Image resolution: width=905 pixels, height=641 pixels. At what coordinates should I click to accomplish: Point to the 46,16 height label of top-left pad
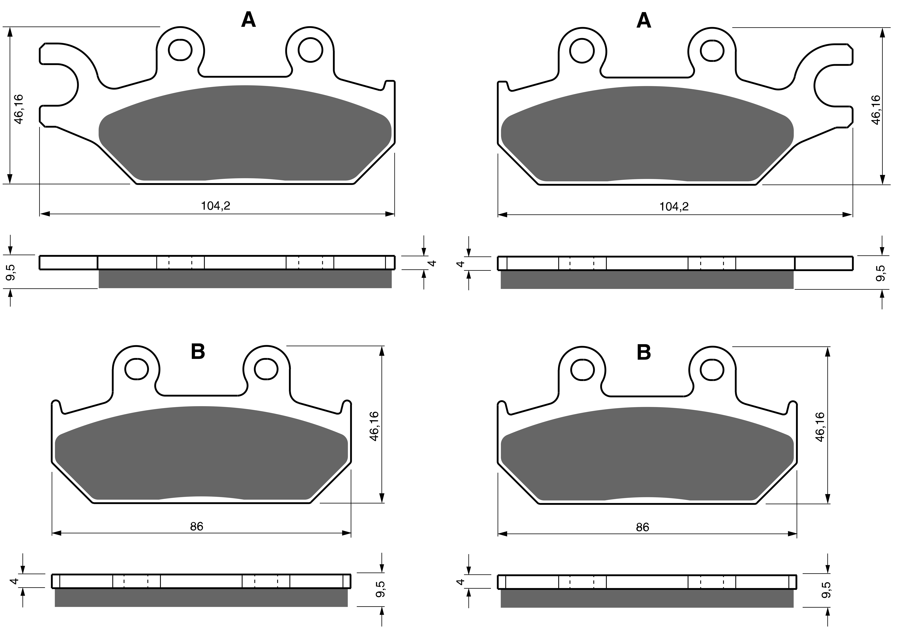tap(19, 109)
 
